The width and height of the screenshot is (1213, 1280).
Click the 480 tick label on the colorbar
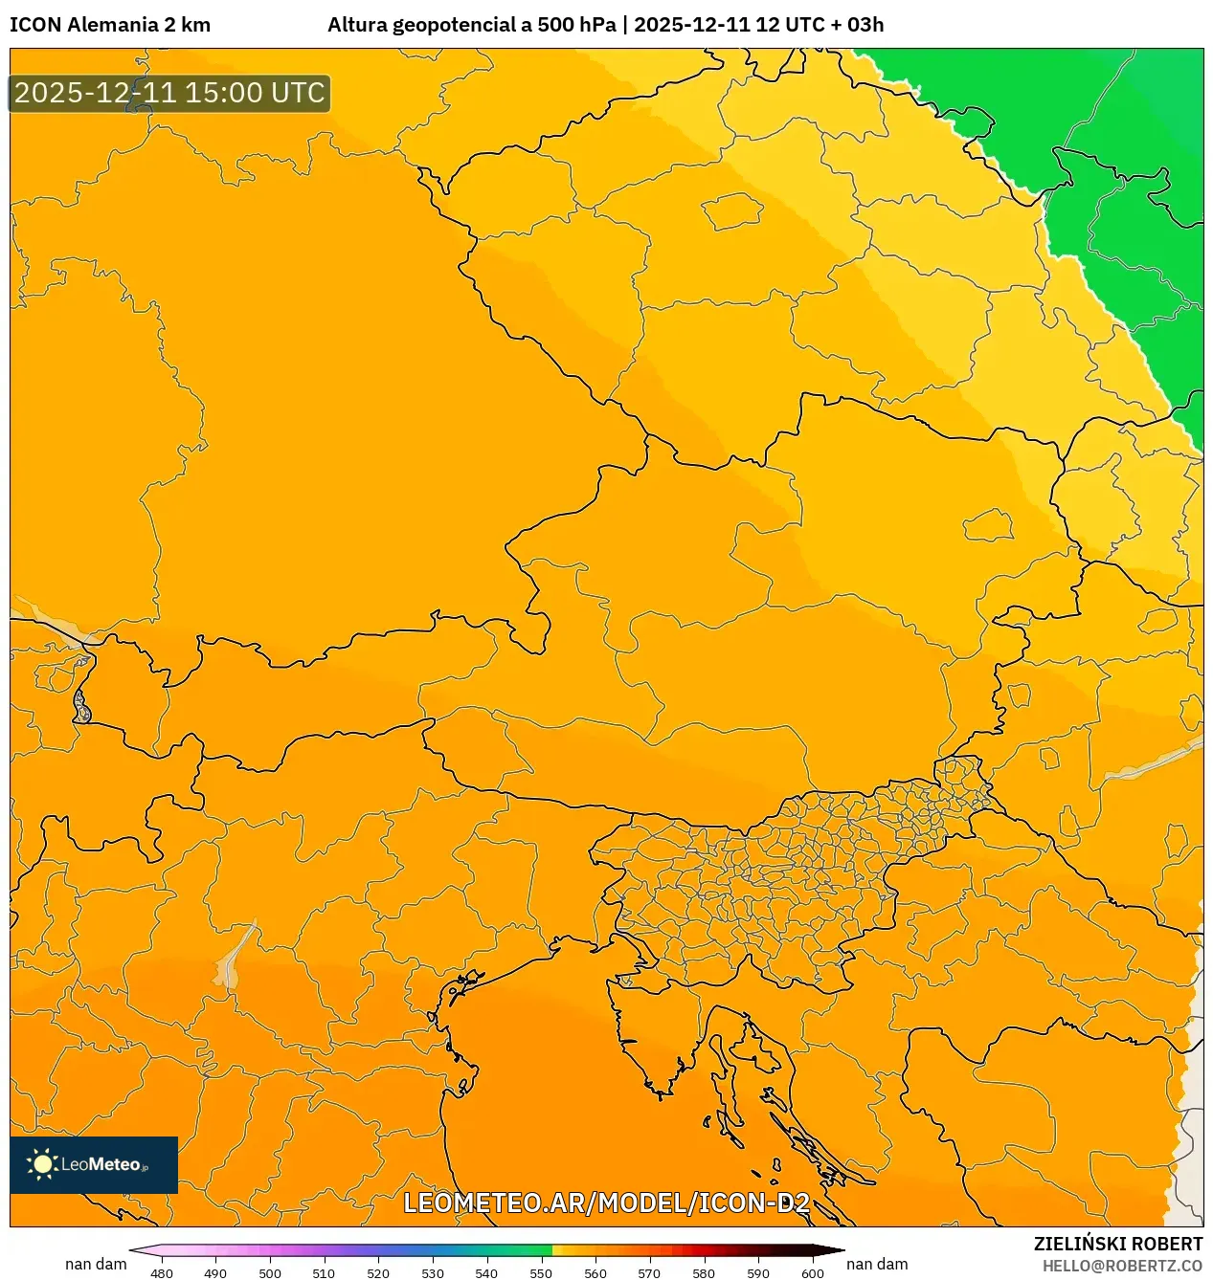162,1273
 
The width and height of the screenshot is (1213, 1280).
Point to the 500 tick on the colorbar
270,1273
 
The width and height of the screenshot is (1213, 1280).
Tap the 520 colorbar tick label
378,1273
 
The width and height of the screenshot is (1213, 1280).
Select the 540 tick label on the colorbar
486,1273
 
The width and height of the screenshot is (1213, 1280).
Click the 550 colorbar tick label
541,1273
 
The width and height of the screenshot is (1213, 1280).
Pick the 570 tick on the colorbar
649,1273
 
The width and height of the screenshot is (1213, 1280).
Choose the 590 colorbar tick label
758,1273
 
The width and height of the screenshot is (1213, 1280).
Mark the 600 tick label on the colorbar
813,1273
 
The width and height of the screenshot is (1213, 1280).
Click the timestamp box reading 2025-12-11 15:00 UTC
169,93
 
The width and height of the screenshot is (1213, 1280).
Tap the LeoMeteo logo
94,1164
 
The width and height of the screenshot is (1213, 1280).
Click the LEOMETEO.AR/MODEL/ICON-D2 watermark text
606,1203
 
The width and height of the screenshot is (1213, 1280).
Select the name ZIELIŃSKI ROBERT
1118,1244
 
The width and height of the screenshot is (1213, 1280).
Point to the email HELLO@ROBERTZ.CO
1122,1266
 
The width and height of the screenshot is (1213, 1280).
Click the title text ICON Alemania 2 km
110,25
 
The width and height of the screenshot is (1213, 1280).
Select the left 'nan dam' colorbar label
96,1264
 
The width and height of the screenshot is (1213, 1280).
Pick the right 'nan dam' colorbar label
877,1264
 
